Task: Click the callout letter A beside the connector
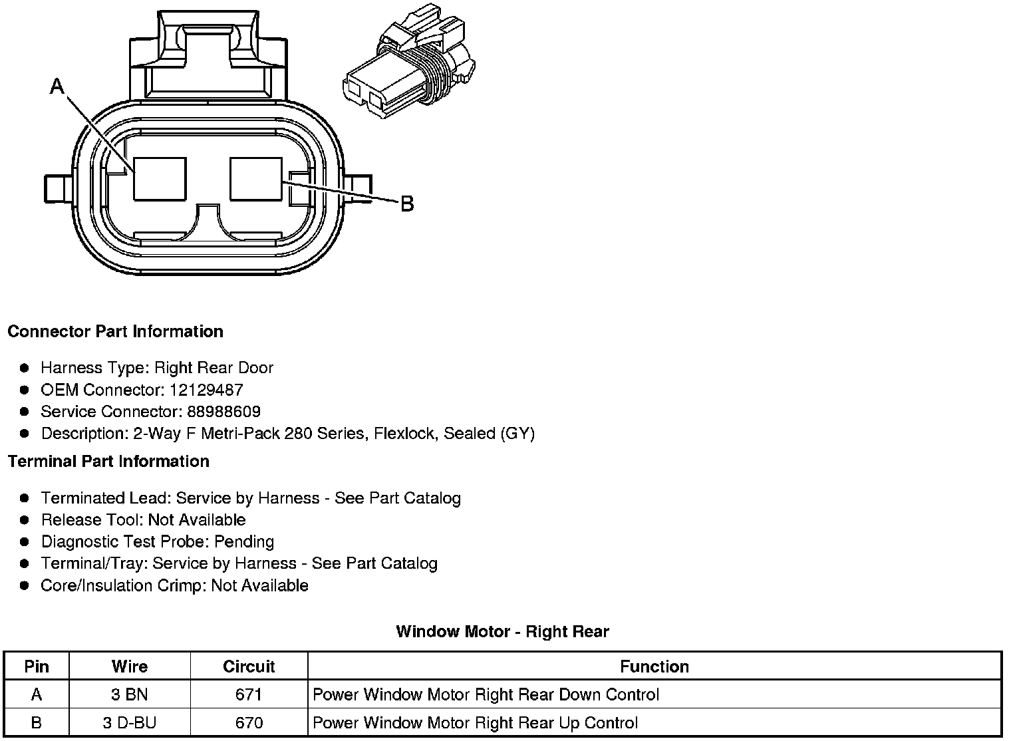point(57,86)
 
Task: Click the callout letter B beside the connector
point(407,204)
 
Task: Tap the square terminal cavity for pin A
point(160,179)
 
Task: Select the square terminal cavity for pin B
point(256,179)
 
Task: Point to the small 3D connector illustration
point(409,62)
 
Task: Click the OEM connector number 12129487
point(206,389)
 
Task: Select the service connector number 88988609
point(224,411)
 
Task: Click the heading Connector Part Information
point(116,331)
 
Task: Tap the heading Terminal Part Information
point(109,461)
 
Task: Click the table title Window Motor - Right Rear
point(503,631)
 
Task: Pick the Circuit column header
point(249,667)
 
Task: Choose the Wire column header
point(130,667)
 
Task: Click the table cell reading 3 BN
point(130,694)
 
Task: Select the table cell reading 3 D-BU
point(130,722)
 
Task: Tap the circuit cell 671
point(249,694)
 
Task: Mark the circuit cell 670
point(249,722)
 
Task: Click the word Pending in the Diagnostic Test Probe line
point(244,541)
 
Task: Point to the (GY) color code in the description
point(517,433)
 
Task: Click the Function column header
point(654,667)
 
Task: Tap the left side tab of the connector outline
point(58,189)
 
